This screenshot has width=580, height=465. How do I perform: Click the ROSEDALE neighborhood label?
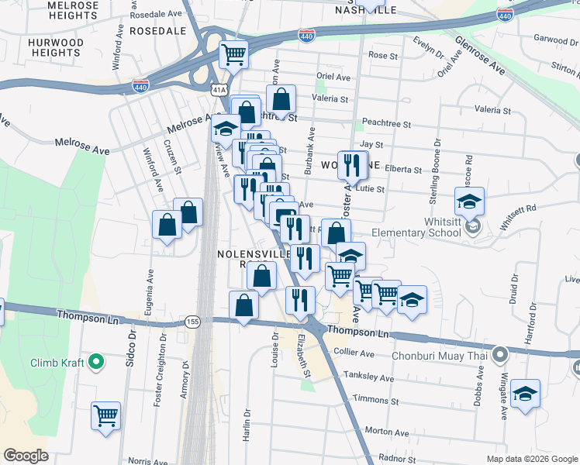pos(157,31)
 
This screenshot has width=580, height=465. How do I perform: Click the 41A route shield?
pos(219,91)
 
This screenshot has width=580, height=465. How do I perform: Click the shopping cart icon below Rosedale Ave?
pos(233,54)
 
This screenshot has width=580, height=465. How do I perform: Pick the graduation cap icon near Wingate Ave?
pos(526,393)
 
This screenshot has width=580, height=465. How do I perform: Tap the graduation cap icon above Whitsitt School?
pos(469,201)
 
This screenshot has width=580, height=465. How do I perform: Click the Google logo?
pos(26,456)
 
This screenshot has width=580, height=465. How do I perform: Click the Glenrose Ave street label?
pos(480,57)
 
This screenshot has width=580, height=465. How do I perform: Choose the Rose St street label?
pos(383,55)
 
